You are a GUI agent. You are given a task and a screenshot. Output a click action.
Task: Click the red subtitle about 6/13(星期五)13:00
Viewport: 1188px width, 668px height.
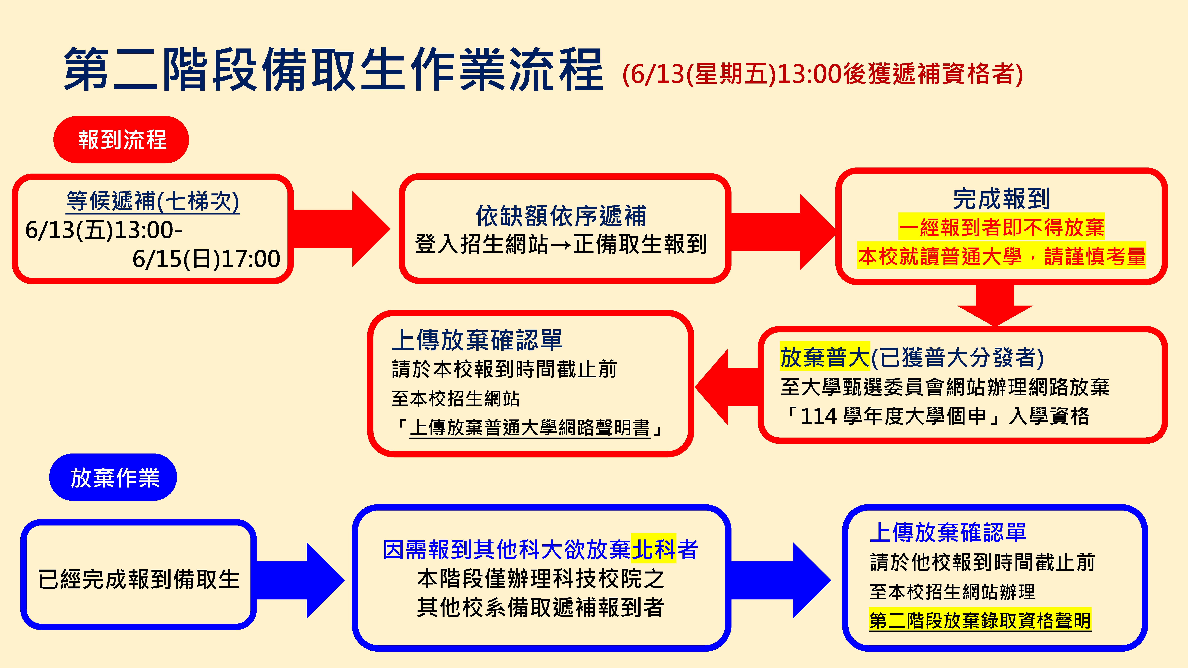click(822, 74)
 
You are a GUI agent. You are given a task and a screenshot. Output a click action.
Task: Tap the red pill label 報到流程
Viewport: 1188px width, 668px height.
click(121, 140)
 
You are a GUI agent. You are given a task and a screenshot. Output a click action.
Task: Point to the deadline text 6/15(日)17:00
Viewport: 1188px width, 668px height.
click(206, 259)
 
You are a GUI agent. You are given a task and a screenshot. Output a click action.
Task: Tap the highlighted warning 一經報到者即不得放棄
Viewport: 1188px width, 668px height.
click(1001, 227)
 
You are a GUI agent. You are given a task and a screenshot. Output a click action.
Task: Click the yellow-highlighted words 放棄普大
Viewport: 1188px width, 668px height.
click(825, 357)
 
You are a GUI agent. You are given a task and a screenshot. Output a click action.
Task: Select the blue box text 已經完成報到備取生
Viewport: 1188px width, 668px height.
click(138, 579)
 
